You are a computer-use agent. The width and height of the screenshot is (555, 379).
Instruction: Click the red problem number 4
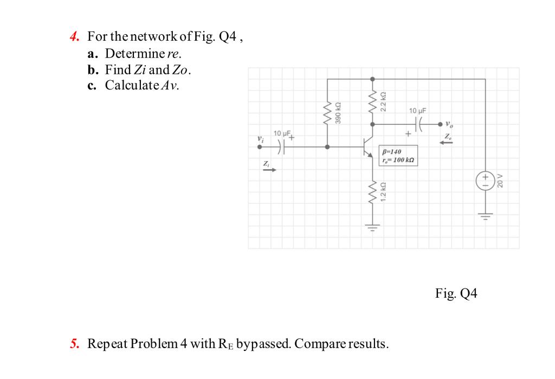point(74,37)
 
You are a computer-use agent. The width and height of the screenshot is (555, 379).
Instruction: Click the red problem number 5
point(74,344)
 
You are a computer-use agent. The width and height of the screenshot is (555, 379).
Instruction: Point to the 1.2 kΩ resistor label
point(383,192)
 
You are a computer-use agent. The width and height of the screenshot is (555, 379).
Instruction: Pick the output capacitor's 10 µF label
point(419,111)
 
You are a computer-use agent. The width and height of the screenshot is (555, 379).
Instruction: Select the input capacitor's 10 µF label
point(282,133)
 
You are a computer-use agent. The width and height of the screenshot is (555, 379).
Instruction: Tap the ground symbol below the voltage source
point(485,217)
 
